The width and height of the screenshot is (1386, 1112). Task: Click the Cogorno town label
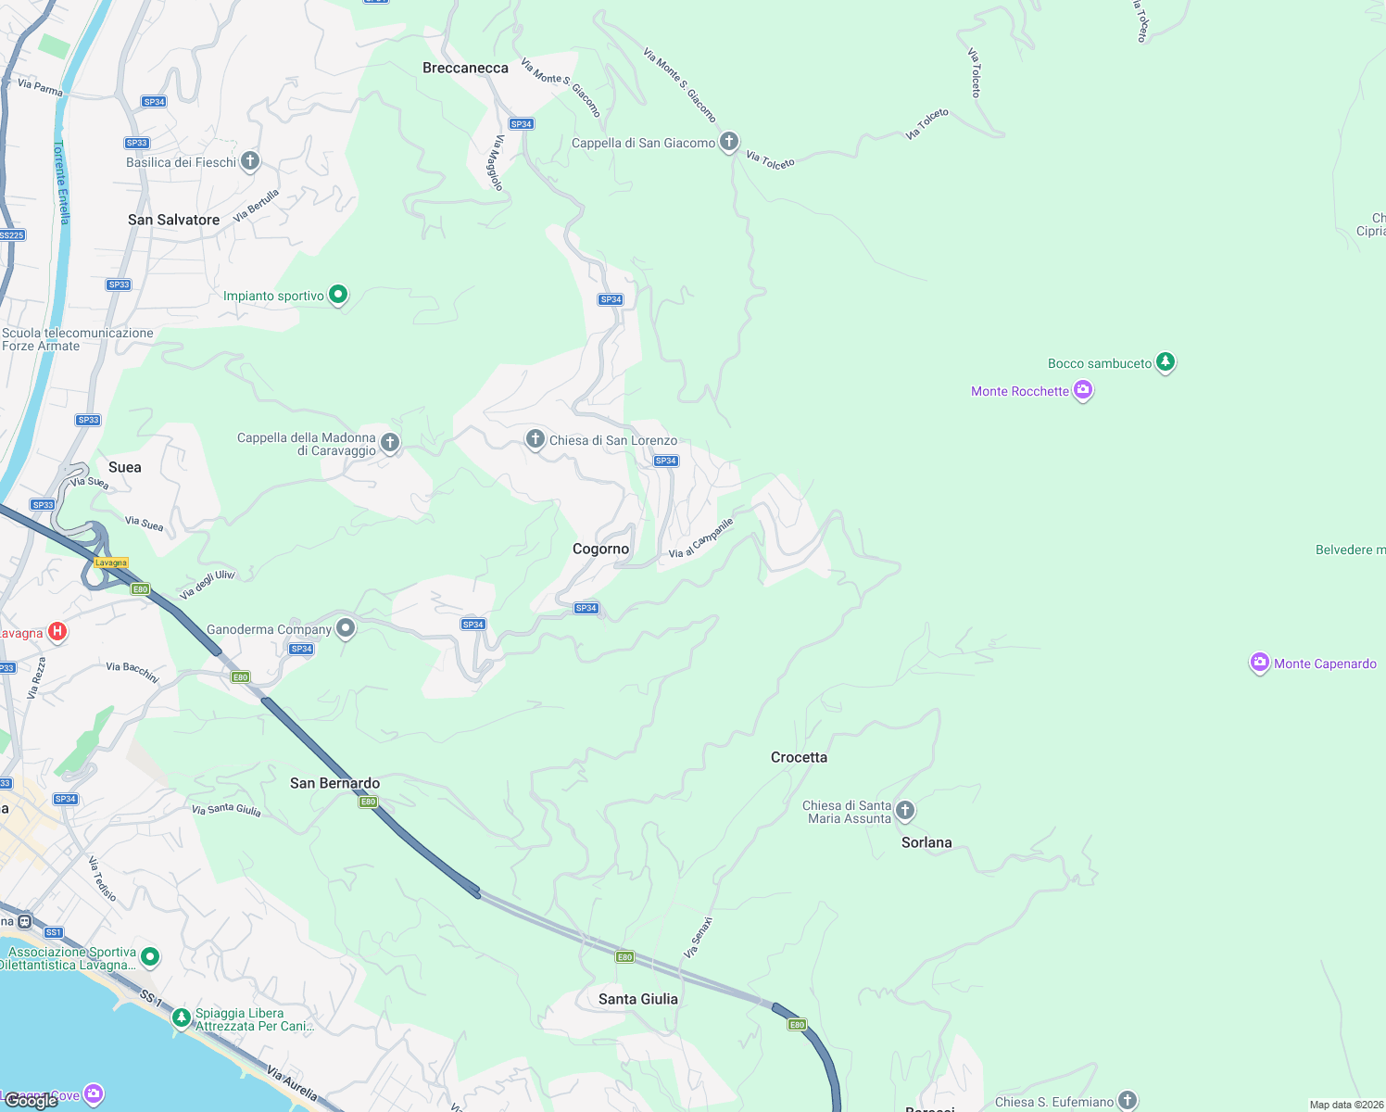pos(600,549)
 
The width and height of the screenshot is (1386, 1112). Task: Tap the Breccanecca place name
pos(465,68)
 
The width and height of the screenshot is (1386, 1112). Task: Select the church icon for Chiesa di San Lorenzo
pos(535,439)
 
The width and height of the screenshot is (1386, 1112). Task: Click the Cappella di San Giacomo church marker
pos(729,142)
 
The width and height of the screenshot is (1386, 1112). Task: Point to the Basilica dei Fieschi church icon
pos(249,161)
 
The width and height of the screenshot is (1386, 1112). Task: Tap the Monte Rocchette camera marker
pos(1082,391)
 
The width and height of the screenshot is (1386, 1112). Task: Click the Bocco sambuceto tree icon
pos(1165,362)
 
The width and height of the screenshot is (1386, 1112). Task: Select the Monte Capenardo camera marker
pos(1259,663)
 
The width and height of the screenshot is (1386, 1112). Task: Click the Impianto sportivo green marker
pos(338,295)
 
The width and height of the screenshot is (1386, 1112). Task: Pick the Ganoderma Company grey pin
pos(346,628)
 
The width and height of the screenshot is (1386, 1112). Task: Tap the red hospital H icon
pos(57,632)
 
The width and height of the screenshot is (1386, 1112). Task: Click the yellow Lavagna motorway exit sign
pos(111,562)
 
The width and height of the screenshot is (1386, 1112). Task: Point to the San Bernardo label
pos(334,783)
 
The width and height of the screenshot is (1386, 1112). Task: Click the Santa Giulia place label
pos(637,999)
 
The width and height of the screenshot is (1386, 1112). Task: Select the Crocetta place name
pos(799,757)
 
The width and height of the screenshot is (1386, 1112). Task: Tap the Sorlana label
pos(926,842)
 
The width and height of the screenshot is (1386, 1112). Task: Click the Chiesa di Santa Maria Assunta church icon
pos(905,811)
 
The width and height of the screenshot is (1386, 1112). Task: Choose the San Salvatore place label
pos(173,220)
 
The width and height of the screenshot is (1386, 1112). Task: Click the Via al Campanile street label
pos(701,538)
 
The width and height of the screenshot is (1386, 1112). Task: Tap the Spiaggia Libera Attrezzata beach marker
pos(181,1018)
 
